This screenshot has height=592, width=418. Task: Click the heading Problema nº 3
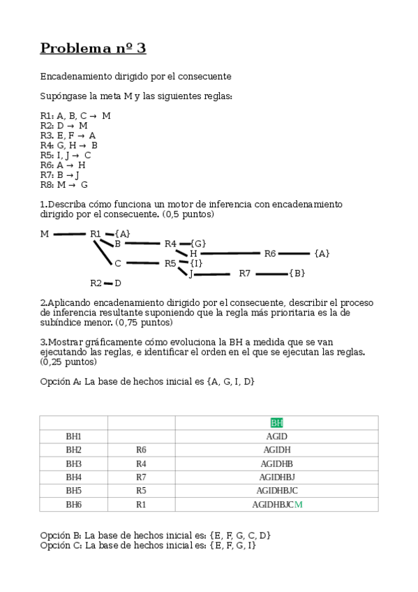tap(93, 48)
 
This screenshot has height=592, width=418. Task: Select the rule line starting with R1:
tap(75, 115)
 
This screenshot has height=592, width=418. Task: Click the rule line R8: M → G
tap(64, 184)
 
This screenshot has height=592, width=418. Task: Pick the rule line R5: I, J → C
tap(66, 155)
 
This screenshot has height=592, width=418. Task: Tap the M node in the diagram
tap(45, 234)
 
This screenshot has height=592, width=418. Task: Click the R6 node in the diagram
tap(270, 253)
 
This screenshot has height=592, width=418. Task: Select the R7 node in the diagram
tap(245, 273)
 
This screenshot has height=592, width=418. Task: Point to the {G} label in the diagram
tap(197, 244)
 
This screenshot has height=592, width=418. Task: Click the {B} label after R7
tap(297, 273)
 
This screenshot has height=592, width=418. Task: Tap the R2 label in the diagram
tap(96, 283)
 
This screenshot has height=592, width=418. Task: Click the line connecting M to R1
tap(69, 234)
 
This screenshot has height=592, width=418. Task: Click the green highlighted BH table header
tap(276, 422)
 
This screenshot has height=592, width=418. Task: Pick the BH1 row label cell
tap(73, 436)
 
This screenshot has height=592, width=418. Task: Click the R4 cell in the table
tap(141, 463)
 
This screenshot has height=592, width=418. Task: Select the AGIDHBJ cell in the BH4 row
tap(276, 477)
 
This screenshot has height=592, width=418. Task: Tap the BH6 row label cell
tap(73, 504)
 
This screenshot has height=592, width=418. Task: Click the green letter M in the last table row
tap(299, 504)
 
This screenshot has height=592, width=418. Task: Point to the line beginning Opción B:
tap(155, 535)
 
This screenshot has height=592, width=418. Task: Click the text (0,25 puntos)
tap(68, 362)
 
